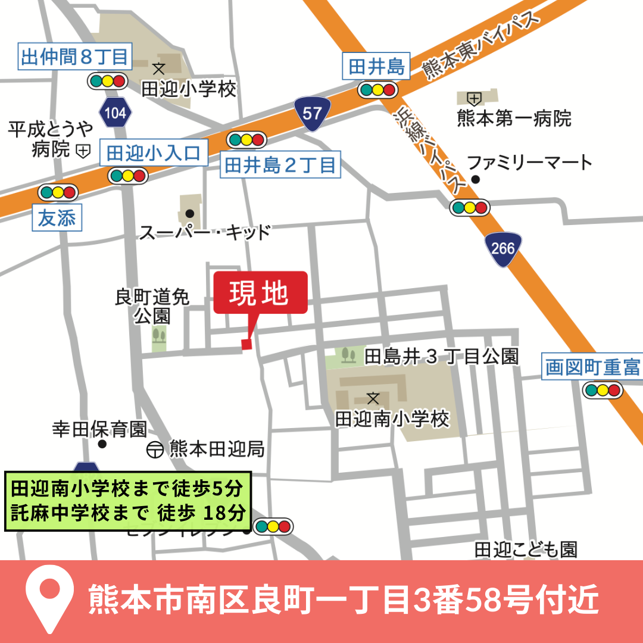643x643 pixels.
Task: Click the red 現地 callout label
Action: (x=260, y=292)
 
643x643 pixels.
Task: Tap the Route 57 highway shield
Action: (x=312, y=113)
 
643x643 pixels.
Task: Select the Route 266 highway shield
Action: (x=503, y=248)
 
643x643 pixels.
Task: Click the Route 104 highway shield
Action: (x=116, y=113)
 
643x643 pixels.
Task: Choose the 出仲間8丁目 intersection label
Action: (x=75, y=58)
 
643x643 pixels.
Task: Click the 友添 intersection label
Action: (x=57, y=219)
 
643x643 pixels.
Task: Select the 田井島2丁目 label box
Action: (x=280, y=165)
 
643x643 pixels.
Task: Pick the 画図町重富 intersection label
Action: (x=592, y=367)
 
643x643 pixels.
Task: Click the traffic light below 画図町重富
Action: (x=603, y=391)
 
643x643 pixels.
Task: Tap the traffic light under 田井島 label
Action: (x=377, y=90)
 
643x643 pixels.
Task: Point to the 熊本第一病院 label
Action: (x=514, y=118)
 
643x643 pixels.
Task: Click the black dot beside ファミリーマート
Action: (x=475, y=179)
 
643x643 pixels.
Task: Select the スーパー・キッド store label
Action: (x=205, y=232)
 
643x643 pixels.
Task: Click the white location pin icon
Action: (x=50, y=598)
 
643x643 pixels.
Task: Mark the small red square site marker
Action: (x=246, y=344)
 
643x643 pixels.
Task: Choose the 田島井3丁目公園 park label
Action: (x=441, y=357)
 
